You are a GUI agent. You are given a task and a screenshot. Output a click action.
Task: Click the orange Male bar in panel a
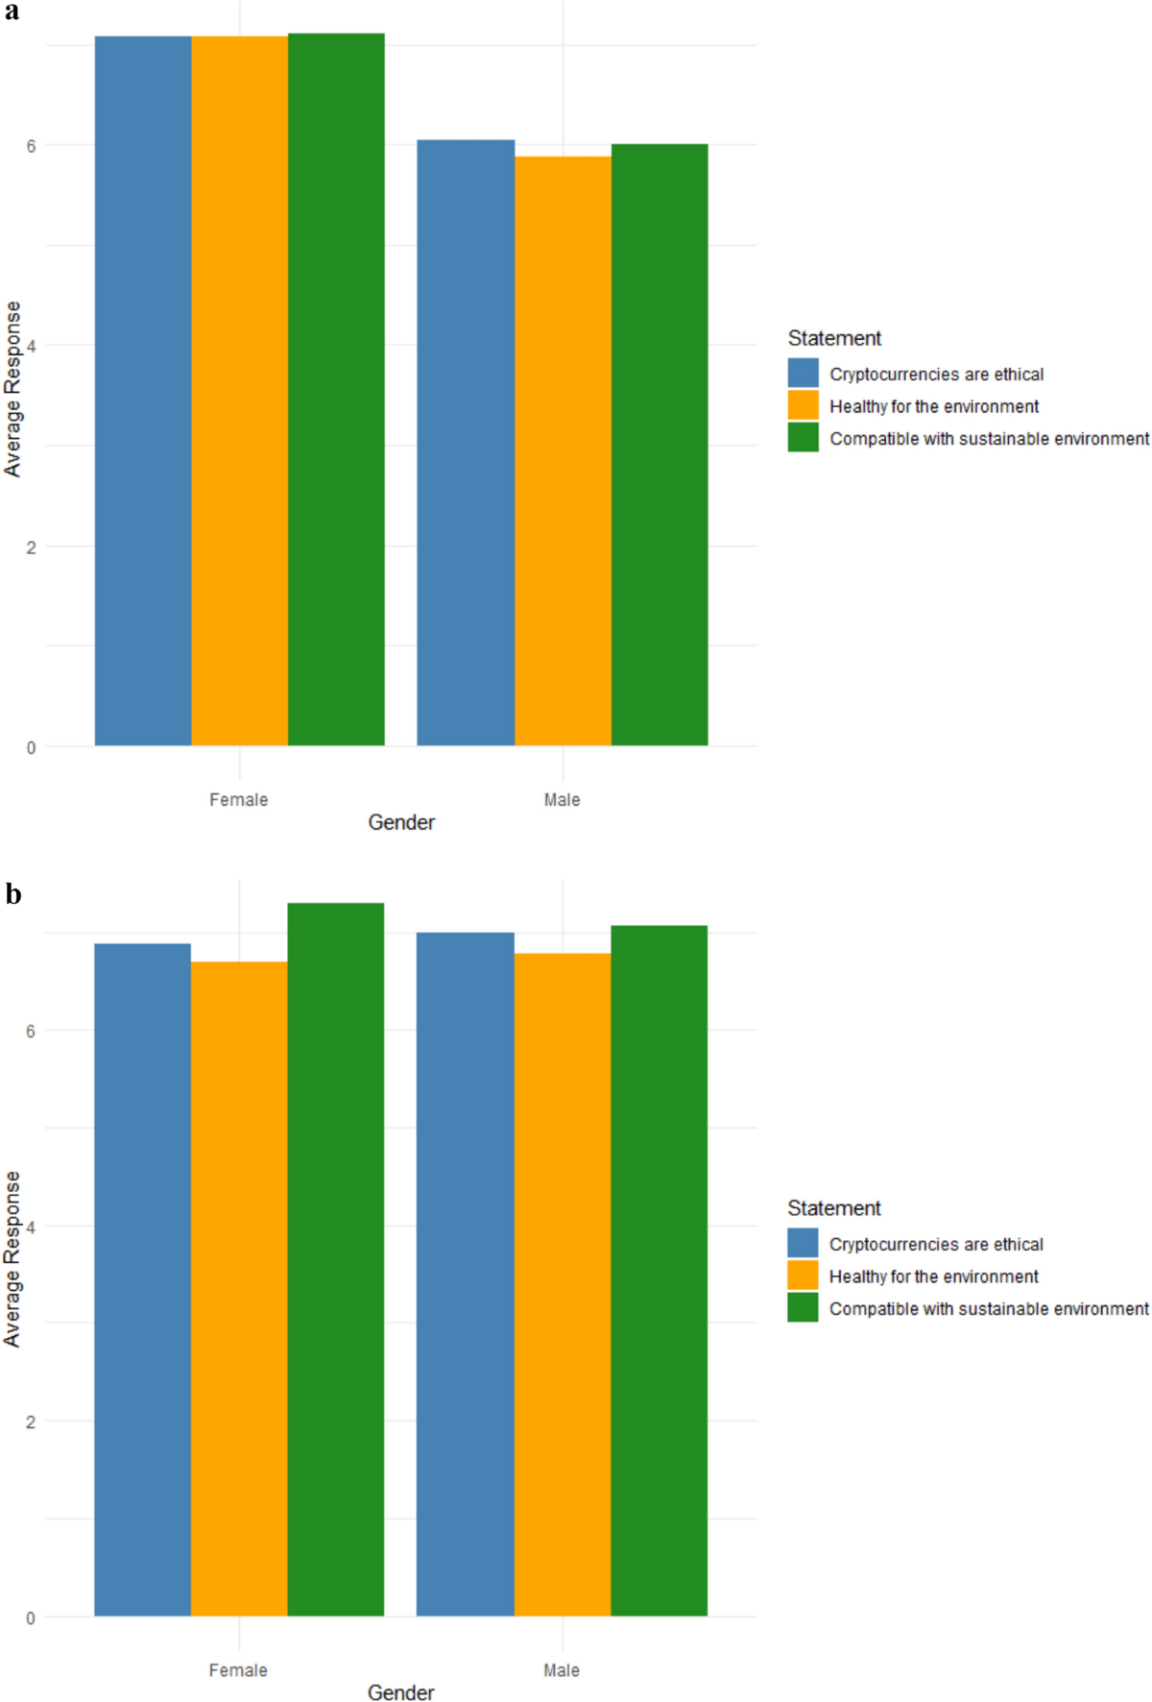563,450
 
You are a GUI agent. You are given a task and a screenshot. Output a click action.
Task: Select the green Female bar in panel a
336,389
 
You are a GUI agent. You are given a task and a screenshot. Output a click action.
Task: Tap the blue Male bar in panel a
466,442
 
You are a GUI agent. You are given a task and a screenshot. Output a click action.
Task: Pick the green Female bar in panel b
335,1259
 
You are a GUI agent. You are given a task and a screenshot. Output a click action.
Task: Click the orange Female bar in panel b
239,1288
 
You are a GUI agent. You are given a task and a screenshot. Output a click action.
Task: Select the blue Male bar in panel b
466,1274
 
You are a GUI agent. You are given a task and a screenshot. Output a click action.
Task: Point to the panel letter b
12,893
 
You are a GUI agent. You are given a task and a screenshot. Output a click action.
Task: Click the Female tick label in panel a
239,799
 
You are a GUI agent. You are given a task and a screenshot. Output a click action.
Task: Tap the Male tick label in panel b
562,1670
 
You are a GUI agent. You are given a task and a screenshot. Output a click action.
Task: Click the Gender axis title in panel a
401,822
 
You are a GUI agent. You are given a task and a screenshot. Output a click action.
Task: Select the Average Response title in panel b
12,1258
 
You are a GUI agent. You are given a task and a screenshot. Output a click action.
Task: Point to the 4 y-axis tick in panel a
31,346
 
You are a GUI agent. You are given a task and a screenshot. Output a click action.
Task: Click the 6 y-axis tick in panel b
31,1031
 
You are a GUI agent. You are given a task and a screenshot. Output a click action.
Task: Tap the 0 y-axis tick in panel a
31,747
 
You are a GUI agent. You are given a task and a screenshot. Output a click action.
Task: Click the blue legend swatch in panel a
804,373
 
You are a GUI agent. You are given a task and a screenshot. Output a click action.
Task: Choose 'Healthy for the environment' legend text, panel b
933,1276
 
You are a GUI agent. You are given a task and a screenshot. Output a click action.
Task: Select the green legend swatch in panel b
803,1307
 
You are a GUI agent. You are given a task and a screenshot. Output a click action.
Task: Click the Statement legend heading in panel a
834,338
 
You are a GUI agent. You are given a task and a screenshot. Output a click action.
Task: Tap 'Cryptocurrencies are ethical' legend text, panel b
936,1244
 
